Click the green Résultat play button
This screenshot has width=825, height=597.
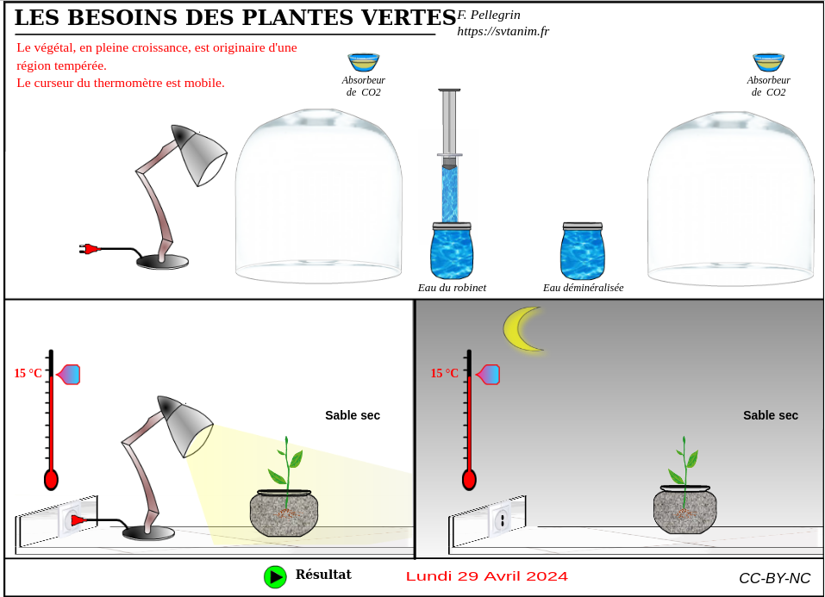tap(275, 577)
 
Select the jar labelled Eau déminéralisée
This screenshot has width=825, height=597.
tap(583, 251)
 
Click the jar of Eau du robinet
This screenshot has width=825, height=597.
tap(452, 251)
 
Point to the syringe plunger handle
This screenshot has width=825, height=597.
tap(449, 90)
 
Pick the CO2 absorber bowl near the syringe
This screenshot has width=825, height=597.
tap(364, 62)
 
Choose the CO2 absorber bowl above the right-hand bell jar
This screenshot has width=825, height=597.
tap(769, 62)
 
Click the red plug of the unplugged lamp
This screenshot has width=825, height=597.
tap(90, 249)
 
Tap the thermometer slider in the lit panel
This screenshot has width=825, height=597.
tap(68, 375)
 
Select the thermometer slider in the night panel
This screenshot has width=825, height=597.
tap(488, 375)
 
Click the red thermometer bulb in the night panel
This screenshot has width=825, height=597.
tap(469, 480)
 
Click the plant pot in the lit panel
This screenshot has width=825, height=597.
tap(284, 513)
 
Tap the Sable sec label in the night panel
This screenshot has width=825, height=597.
tap(771, 415)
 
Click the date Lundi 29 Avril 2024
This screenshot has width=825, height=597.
tap(487, 576)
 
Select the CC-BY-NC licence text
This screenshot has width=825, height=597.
tap(774, 578)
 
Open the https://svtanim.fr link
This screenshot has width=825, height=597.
tap(503, 32)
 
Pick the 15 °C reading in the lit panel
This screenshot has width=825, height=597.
tap(28, 374)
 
